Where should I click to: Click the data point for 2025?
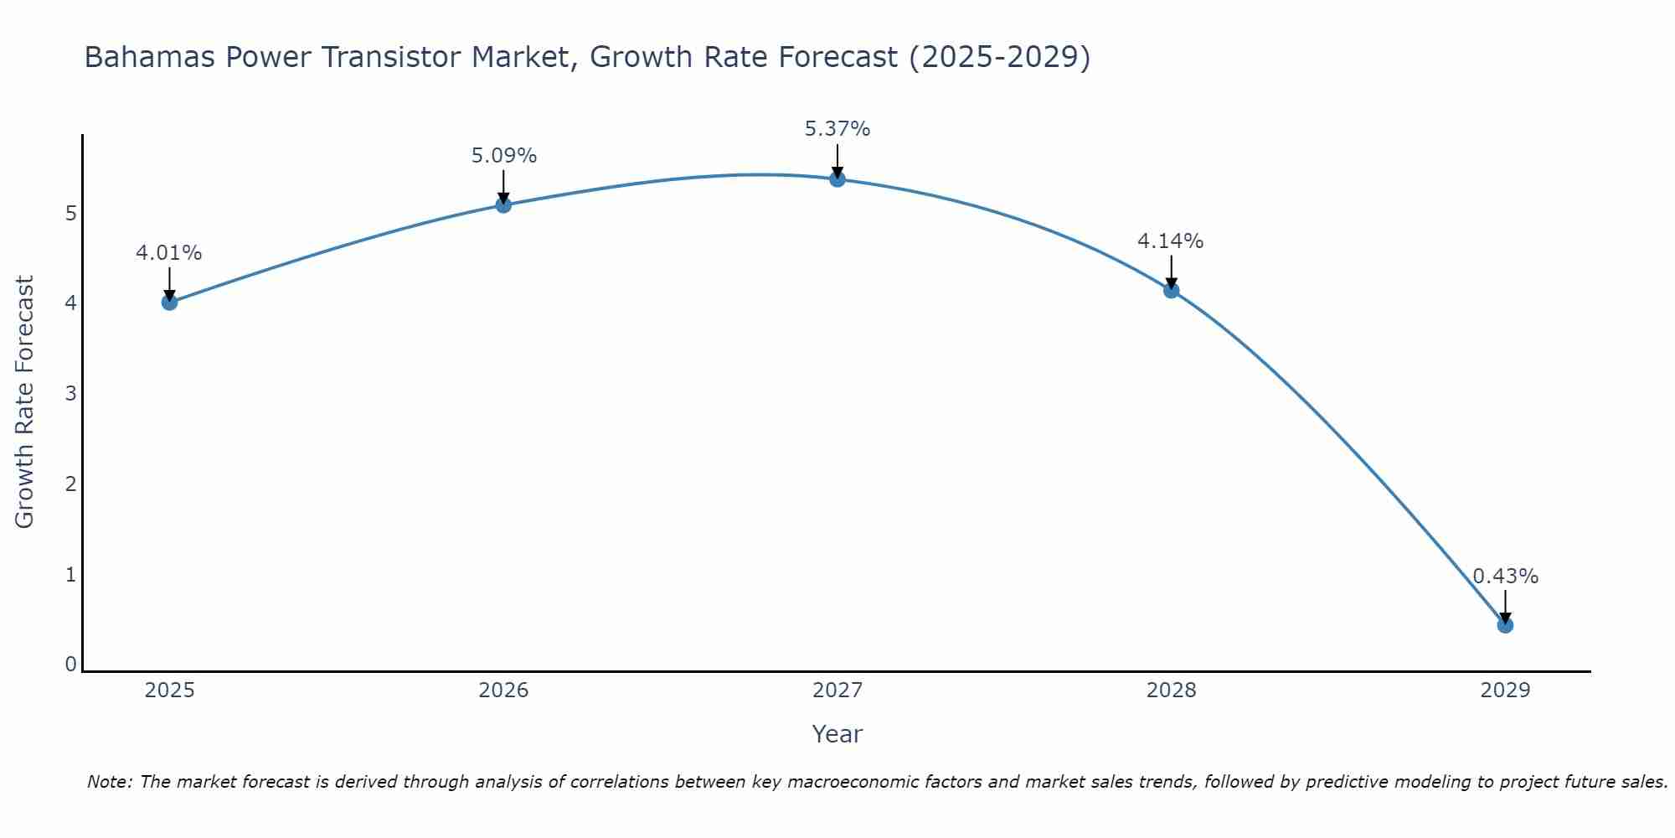(169, 302)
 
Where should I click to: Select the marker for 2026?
(503, 204)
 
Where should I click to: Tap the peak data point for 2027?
(837, 178)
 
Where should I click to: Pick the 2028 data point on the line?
(1171, 290)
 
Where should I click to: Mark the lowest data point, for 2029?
(1505, 625)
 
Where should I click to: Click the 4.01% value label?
(169, 253)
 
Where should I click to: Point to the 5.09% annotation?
(503, 156)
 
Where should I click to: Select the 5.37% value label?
(837, 129)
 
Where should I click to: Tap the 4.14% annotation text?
(1171, 241)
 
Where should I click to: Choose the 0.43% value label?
(1505, 577)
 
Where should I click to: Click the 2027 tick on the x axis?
(837, 691)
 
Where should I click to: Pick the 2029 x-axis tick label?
(1505, 691)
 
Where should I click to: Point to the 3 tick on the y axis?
(71, 393)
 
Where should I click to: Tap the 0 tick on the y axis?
(71, 665)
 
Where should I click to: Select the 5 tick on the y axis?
(71, 213)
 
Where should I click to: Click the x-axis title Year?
(837, 734)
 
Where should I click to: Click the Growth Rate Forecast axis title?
(25, 402)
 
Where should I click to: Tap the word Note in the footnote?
(108, 782)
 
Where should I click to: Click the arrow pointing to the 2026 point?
(503, 186)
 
